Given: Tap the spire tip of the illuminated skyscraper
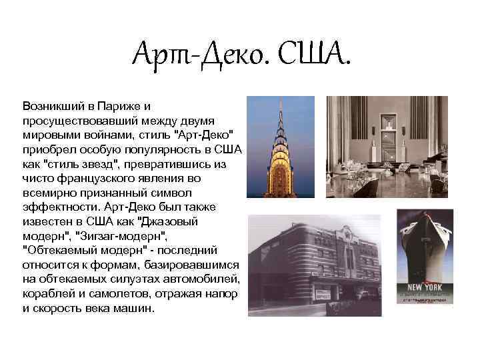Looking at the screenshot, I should [280, 101].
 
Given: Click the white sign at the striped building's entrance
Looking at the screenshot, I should [325, 293].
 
